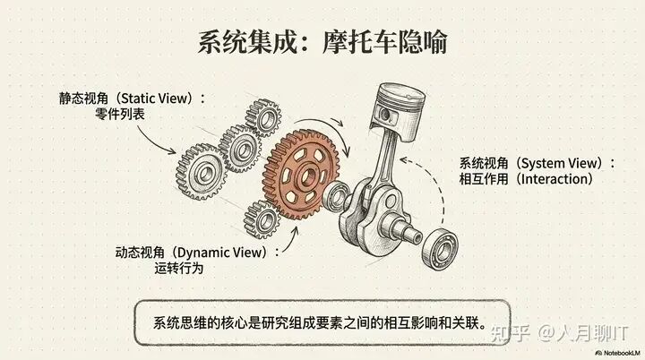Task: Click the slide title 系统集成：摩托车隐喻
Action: (x=322, y=41)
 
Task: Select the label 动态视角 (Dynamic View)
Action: (x=191, y=252)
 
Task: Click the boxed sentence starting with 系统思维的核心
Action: (x=320, y=322)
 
